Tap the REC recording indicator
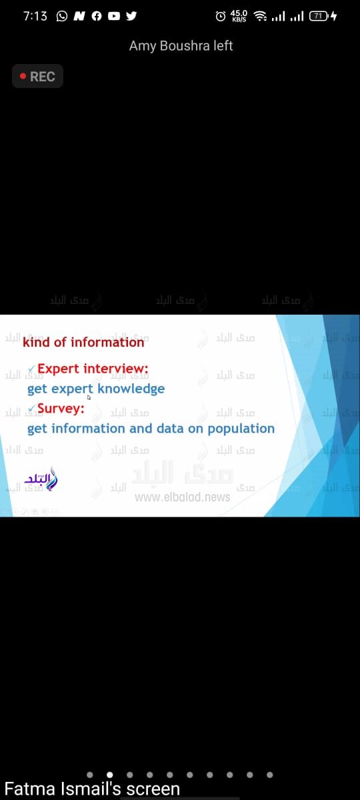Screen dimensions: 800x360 [37, 77]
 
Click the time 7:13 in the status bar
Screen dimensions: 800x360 [35, 16]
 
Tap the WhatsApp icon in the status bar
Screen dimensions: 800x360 [62, 16]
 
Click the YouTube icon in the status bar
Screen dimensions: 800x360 [113, 16]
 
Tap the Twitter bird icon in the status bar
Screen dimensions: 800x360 [131, 16]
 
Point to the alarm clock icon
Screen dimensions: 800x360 [221, 16]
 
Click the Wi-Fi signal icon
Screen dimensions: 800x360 [260, 16]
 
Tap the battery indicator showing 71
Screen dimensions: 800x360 [319, 16]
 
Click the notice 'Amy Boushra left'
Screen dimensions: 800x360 [181, 46]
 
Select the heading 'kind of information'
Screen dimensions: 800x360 [83, 342]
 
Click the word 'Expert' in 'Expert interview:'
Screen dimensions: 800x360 [59, 369]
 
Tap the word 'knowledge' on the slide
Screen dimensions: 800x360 [131, 389]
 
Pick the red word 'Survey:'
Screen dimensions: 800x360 [61, 408]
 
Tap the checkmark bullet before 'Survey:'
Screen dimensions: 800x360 [32, 409]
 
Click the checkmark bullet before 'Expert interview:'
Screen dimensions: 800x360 [32, 369]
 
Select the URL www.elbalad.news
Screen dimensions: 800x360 [182, 497]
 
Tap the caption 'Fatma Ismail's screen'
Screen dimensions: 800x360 [92, 789]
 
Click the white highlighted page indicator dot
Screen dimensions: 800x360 [110, 775]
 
